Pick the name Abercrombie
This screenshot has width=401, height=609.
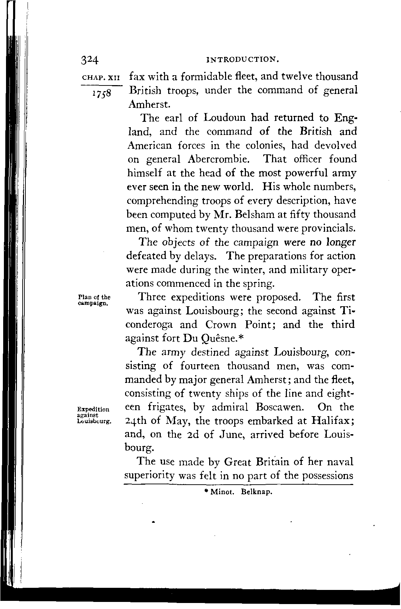click(219, 159)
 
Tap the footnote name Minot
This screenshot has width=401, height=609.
click(220, 492)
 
